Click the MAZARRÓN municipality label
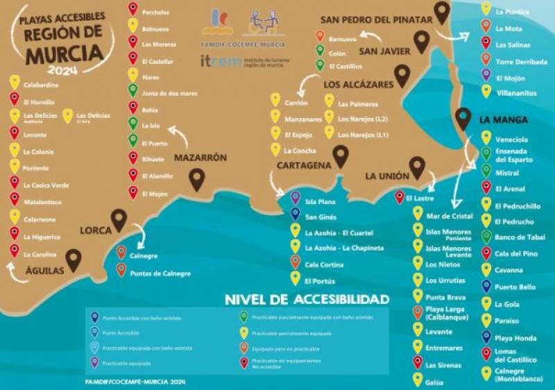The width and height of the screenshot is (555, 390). coord(200,158)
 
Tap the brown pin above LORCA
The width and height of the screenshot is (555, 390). coord(119,219)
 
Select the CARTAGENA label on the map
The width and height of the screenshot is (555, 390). coord(303,165)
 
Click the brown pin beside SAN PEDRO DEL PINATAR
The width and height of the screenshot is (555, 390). coord(442,12)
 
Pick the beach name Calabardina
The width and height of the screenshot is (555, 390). coord(41,85)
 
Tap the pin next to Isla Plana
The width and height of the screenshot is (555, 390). coord(295,198)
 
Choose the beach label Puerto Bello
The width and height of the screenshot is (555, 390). coord(515,287)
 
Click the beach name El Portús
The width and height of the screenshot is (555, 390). coord(320,281)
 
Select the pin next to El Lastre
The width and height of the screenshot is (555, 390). coord(400,198)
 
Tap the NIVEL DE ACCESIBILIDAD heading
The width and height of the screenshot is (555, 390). coord(307,299)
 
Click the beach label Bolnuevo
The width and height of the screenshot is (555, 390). coord(155,29)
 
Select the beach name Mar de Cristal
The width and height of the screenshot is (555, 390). coord(450,216)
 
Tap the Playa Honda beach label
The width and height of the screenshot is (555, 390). coord(516,337)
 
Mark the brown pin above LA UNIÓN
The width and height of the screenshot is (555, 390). coord(417,167)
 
